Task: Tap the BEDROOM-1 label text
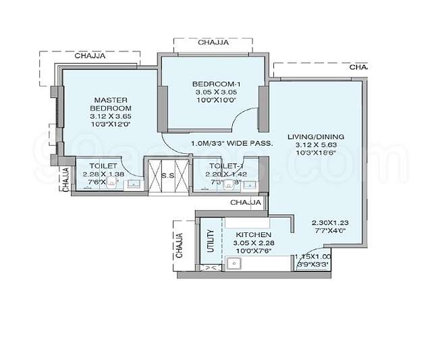tap(217, 84)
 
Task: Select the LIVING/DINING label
tap(315, 137)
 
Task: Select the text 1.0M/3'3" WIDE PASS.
tap(232, 143)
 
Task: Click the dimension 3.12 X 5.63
tap(315, 145)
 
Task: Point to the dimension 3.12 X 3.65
tap(111, 115)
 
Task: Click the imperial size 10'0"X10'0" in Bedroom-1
tap(217, 100)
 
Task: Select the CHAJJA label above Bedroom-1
tap(213, 43)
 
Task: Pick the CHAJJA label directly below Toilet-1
tap(246, 203)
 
